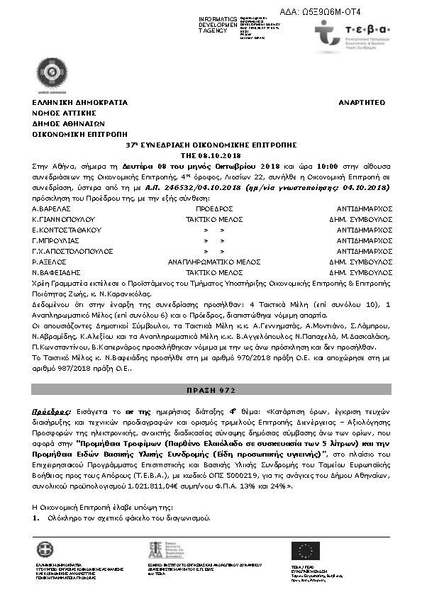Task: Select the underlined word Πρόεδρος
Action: [x=51, y=411]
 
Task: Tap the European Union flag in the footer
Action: [x=306, y=550]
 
